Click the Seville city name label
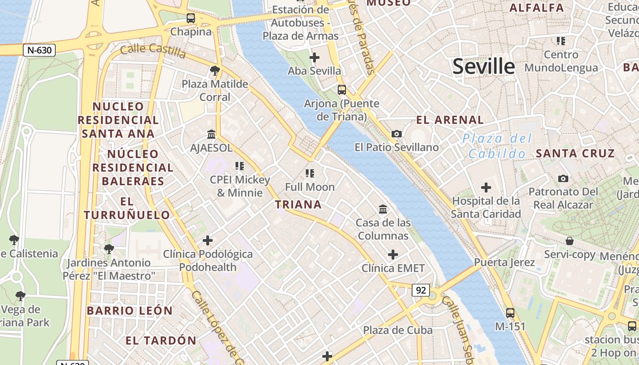point(483,67)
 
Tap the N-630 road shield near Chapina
point(39,50)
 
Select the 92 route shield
point(420,290)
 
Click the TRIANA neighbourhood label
point(299,204)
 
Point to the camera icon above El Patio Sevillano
point(397,134)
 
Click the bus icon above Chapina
point(191,18)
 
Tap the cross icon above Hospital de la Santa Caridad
point(486,187)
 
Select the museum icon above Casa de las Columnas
point(383,209)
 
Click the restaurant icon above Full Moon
point(310,173)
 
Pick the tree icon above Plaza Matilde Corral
point(215,70)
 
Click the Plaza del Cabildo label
point(498,146)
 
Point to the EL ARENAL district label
point(450,120)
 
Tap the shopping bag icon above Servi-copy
point(569,240)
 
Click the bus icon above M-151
point(510,313)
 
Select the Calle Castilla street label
point(153,51)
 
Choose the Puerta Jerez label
point(504,262)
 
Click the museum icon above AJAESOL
point(211,134)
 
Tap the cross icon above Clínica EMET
point(393,254)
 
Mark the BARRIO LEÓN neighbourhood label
point(130,311)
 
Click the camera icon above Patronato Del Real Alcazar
point(563,178)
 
